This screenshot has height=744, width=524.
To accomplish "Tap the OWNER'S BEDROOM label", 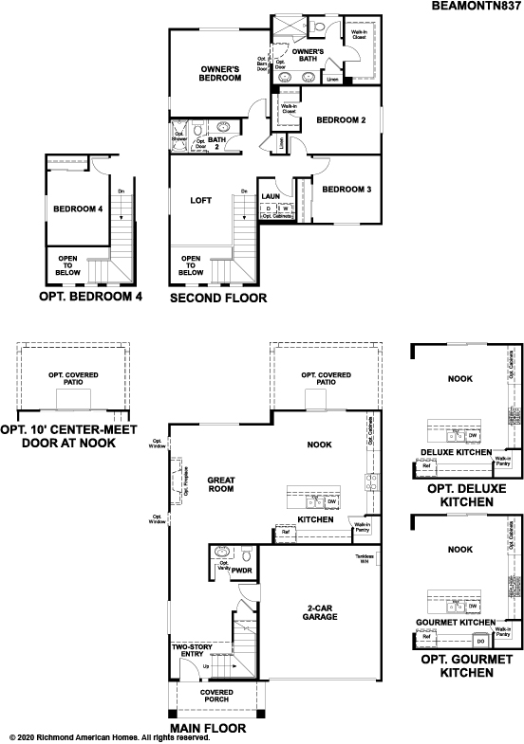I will pos(224,75).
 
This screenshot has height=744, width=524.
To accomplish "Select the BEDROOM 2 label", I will pos(341,120).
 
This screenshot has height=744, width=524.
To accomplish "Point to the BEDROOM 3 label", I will pos(346,190).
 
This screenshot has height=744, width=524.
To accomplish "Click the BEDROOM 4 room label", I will pos(78,209).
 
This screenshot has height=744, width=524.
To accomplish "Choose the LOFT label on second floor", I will pos(200,200).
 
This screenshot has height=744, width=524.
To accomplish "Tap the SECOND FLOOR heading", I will pos(217,298).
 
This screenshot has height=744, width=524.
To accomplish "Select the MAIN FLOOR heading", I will pos(208,729).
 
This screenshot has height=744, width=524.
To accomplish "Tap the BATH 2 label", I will pos(216,143).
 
